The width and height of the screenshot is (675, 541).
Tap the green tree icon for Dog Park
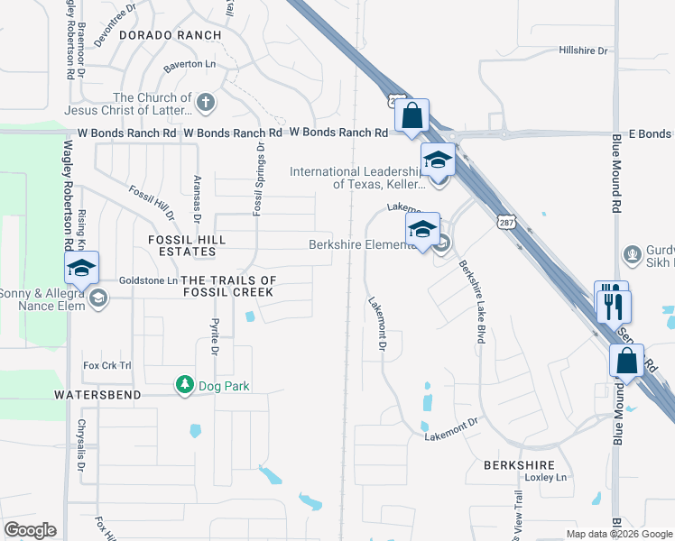(x=185, y=386)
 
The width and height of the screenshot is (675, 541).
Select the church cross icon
(x=206, y=101)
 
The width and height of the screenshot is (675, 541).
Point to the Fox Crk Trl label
(x=107, y=365)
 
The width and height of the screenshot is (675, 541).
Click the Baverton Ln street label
(x=190, y=66)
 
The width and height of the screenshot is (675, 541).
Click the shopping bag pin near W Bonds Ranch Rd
(x=411, y=117)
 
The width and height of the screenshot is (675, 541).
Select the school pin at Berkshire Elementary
(x=421, y=230)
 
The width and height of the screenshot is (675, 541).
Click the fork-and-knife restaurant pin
(x=614, y=305)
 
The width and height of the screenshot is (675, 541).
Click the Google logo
(x=30, y=530)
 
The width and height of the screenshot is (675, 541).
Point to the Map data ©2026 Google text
(x=618, y=534)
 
